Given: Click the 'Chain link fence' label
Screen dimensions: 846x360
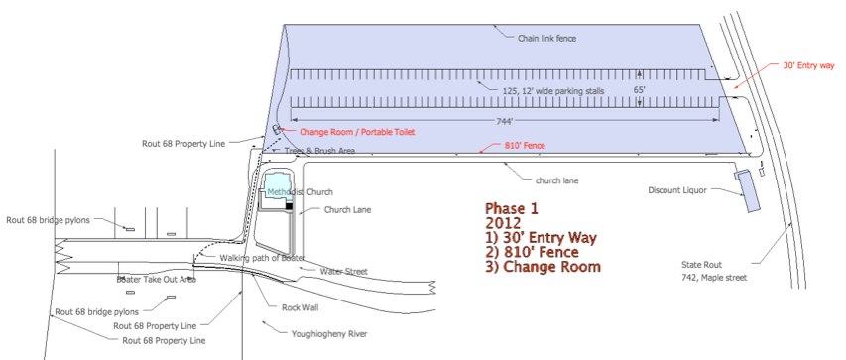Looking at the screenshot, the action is click(x=546, y=39).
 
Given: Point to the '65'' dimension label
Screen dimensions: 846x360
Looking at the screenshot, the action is click(x=640, y=90).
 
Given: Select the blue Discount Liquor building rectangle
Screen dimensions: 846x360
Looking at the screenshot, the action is click(x=746, y=190).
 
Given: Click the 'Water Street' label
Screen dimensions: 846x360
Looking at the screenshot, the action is click(x=343, y=271).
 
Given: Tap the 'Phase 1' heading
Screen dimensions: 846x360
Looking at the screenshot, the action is click(x=512, y=209).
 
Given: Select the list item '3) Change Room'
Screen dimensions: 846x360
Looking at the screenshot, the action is click(x=543, y=267).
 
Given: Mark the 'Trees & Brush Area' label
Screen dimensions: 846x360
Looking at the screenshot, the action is click(x=318, y=152).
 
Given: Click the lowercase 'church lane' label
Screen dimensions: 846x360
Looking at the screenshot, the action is click(x=556, y=180).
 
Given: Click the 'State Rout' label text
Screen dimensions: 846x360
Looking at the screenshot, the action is click(x=701, y=265).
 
